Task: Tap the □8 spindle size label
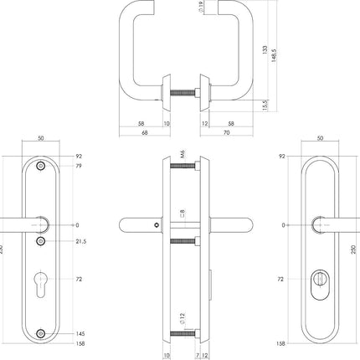(x=182, y=215)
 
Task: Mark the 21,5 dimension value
(x=82, y=242)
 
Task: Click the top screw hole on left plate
(x=43, y=167)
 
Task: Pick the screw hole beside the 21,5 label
(x=43, y=242)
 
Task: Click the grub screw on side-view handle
(x=157, y=226)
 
